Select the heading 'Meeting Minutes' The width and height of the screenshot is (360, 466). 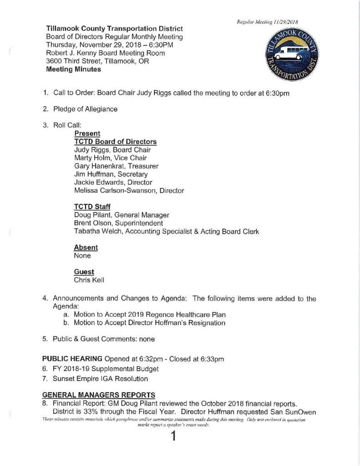(x=73, y=70)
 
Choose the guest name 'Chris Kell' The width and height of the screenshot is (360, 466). (x=89, y=280)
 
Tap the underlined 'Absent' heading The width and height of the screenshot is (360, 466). (x=86, y=248)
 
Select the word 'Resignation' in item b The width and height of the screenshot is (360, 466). (x=205, y=323)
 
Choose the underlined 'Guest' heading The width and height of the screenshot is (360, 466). (x=84, y=272)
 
